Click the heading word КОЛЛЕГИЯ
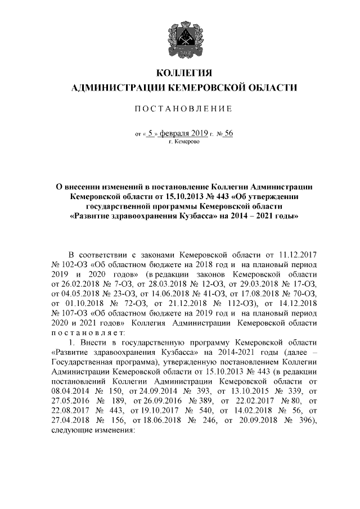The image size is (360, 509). [184, 73]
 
